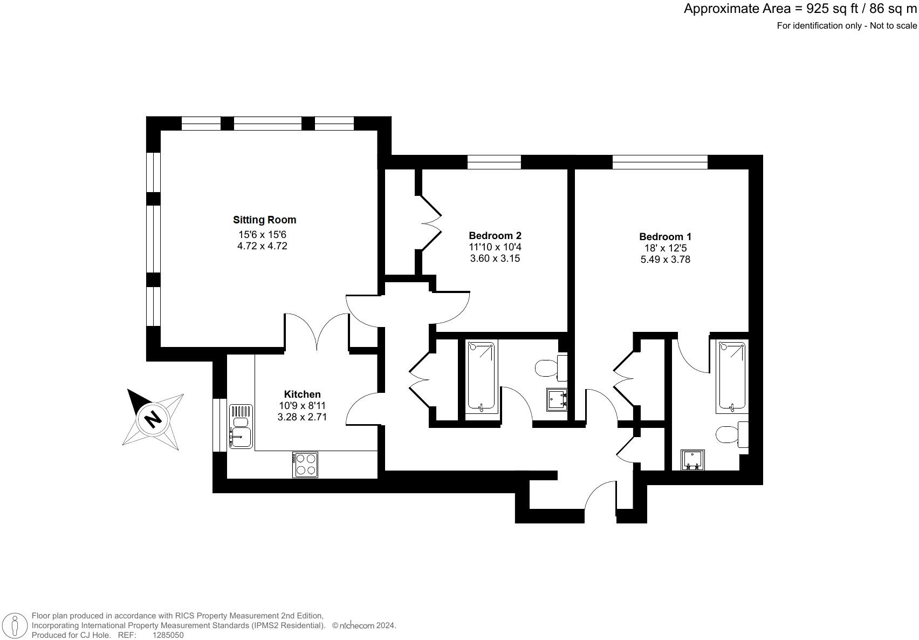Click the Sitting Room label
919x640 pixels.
click(x=264, y=220)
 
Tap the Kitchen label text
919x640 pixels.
click(x=302, y=394)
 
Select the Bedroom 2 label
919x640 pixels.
click(x=495, y=235)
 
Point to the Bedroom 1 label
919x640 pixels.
click(x=664, y=236)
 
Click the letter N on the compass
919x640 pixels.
click(x=153, y=418)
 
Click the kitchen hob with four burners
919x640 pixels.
click(x=305, y=465)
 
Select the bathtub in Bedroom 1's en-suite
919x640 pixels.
click(x=732, y=376)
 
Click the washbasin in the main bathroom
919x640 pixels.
click(x=557, y=400)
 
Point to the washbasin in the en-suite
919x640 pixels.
click(x=692, y=460)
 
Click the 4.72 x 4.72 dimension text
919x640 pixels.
click(x=263, y=246)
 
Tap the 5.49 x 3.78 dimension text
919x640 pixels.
click(x=664, y=260)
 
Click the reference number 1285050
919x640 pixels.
click(x=168, y=635)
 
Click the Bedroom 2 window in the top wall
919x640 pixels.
click(x=493, y=162)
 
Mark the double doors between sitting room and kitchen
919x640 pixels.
click(x=317, y=332)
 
